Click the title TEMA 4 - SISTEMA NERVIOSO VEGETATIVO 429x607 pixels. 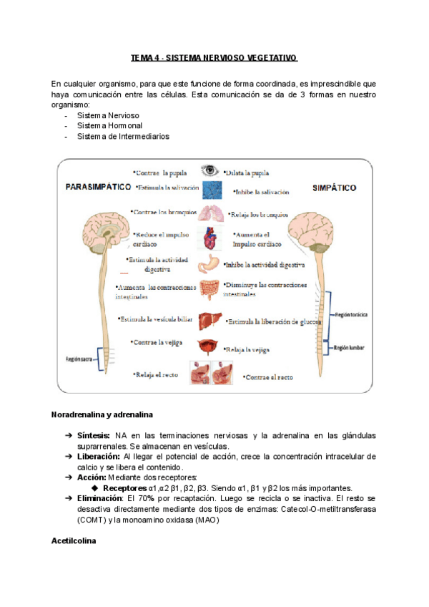214,57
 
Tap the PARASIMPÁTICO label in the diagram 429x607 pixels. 98,187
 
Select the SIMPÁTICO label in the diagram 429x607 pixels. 335,188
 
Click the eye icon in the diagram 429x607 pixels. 209,170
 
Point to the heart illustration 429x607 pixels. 209,238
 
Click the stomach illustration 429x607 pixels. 209,264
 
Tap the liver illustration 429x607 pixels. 210,320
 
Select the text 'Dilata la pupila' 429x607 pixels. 246,173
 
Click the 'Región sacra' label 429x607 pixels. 79,359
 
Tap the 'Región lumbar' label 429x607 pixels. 350,347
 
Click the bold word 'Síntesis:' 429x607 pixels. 94,436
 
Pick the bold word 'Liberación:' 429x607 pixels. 98,457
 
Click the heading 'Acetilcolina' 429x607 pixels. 73,540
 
